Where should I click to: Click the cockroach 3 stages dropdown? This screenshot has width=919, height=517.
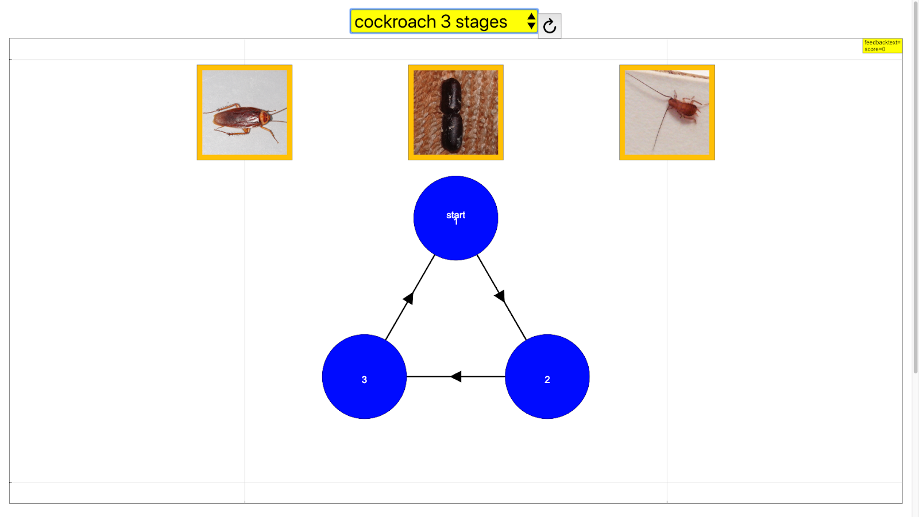coord(443,21)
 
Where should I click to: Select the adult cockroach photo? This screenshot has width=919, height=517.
coord(244,113)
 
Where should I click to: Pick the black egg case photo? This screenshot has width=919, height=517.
coord(455,113)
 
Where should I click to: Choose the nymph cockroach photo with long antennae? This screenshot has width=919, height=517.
coord(667,113)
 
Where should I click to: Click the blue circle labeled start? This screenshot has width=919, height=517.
coord(455,218)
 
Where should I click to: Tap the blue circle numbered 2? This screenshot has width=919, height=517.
coord(547,377)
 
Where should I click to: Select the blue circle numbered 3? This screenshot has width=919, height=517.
coord(364,377)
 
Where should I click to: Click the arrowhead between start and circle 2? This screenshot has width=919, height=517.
coord(500,296)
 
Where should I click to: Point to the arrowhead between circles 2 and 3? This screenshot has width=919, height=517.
coord(456,377)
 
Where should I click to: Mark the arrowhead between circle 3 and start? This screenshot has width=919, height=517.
coord(409,298)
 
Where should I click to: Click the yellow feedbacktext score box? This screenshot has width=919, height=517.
coord(882,46)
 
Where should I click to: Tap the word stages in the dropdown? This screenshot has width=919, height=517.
coord(481,22)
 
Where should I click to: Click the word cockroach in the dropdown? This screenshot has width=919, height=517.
coord(395,22)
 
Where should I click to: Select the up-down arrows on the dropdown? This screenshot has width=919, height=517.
coord(531,21)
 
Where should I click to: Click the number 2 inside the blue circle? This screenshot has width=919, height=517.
coord(547,380)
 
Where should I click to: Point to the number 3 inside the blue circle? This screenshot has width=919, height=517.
coord(364,380)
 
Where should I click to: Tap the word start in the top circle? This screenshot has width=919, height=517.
coord(455,215)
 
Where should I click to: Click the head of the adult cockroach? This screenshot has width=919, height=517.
coord(265,118)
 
